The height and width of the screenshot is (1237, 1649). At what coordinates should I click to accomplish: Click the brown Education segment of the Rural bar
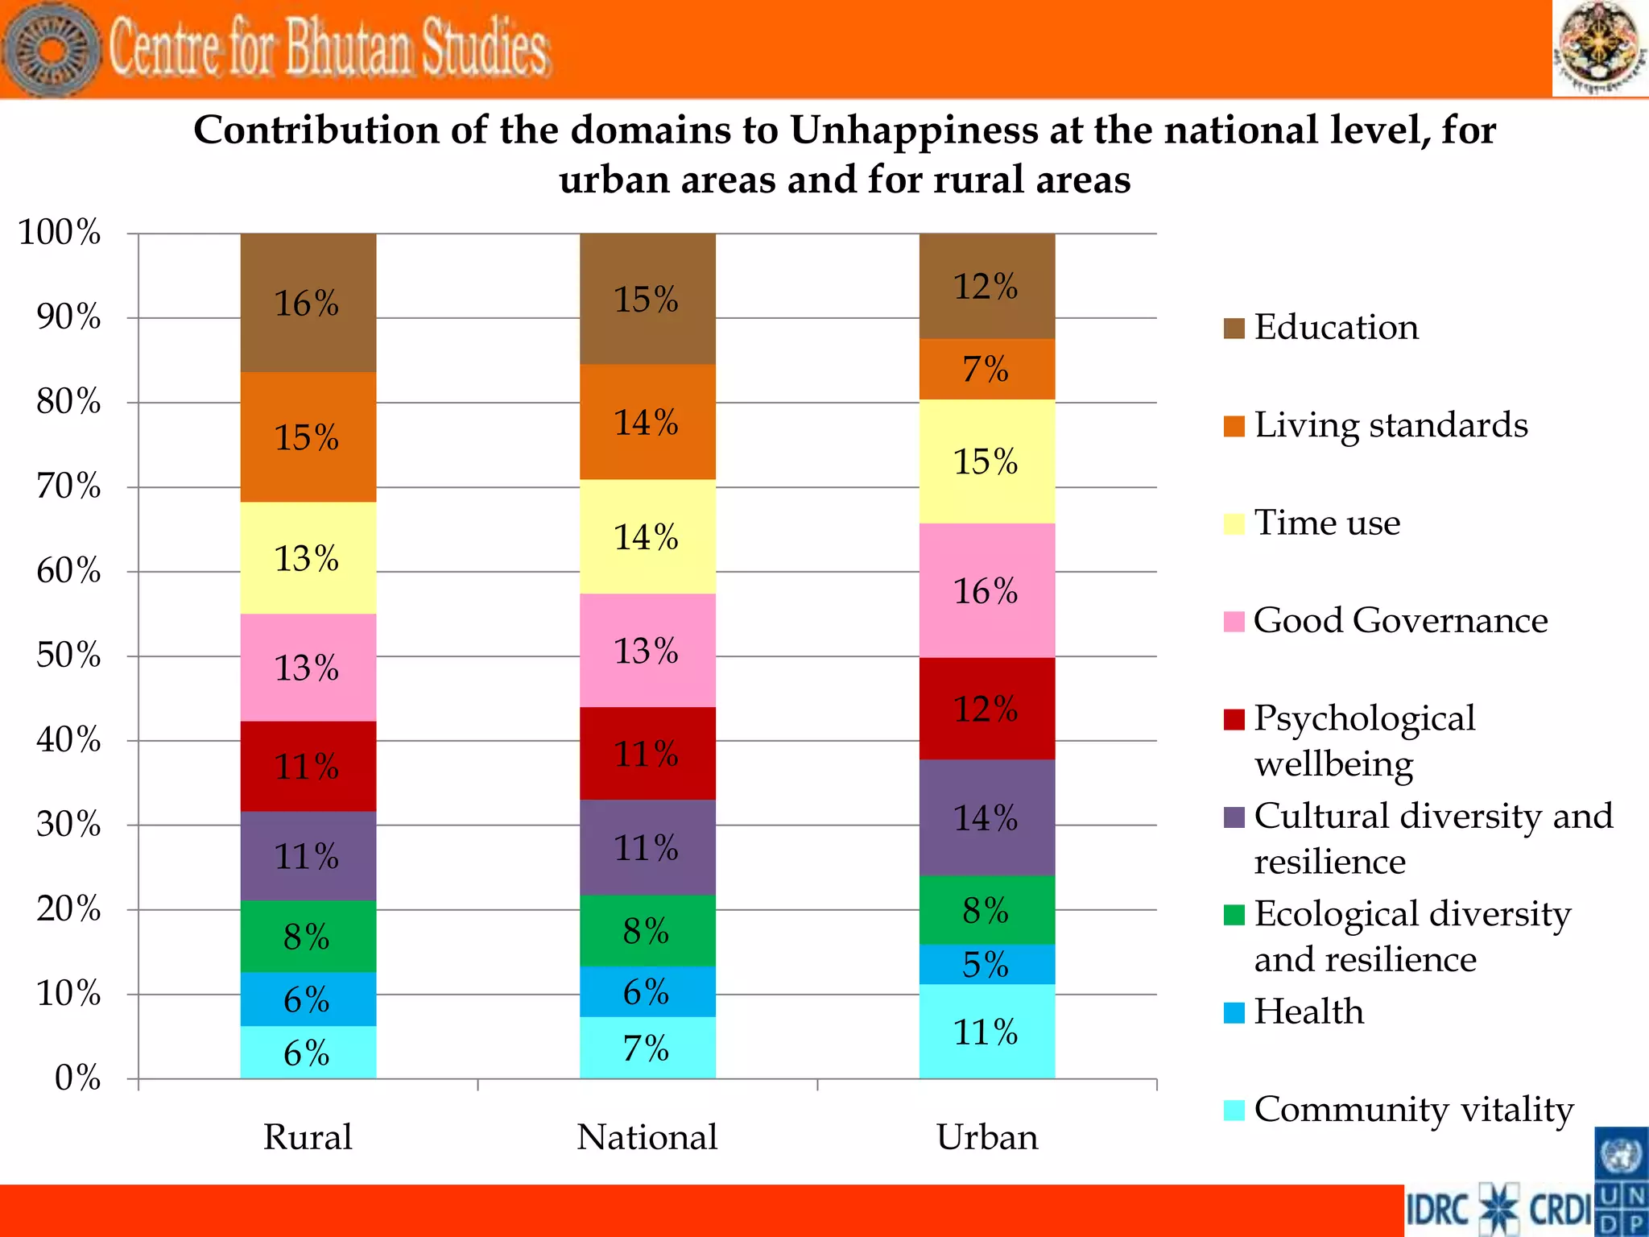[308, 303]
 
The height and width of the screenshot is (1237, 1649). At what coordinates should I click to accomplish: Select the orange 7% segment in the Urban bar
[986, 369]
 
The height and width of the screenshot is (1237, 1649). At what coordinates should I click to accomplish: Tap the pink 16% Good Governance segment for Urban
[986, 590]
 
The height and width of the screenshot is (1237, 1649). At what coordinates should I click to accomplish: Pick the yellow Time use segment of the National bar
[647, 536]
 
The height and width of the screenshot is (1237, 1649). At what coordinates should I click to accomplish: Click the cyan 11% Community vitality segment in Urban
[986, 1032]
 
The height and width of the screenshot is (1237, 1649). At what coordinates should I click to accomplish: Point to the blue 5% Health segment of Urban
[986, 964]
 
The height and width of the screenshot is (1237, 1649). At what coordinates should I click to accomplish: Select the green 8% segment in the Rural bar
[308, 936]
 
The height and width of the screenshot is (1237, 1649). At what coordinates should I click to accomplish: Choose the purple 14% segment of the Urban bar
[986, 817]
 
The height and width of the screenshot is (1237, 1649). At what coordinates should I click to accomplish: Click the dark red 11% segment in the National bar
[647, 753]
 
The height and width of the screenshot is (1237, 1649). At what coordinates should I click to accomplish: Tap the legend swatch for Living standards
[1234, 426]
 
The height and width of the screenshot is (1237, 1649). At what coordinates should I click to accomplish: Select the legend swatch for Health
[1234, 1012]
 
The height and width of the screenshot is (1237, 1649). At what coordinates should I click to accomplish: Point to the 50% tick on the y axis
[68, 656]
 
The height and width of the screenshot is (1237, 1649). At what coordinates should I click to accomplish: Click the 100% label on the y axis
[60, 233]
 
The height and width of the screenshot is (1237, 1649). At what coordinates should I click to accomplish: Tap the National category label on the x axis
[647, 1137]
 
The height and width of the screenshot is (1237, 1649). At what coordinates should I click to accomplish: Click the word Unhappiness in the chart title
[914, 130]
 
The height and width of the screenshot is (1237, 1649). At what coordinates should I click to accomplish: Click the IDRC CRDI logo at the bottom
[1498, 1210]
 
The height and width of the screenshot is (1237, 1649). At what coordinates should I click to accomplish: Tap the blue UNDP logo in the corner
[1621, 1181]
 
